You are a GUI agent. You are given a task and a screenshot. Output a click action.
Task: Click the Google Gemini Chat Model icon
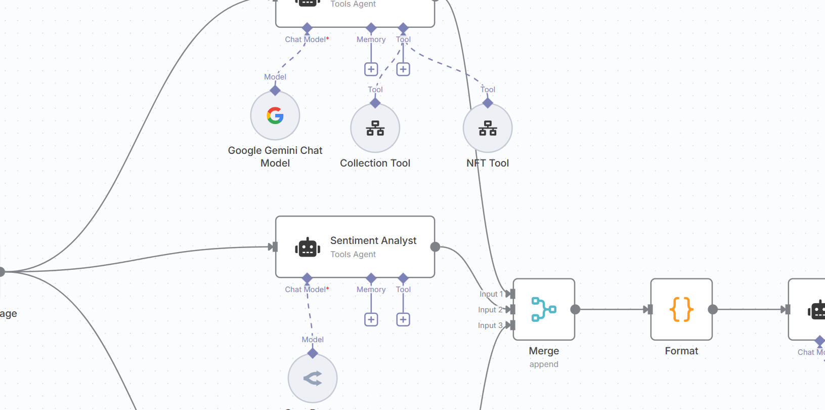tap(275, 116)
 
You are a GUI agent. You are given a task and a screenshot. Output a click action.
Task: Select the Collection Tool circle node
tap(375, 128)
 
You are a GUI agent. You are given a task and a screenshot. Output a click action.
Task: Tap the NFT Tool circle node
tap(488, 128)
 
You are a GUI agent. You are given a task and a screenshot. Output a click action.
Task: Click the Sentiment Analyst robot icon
tap(308, 248)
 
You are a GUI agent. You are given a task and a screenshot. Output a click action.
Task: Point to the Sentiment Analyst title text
tap(373, 240)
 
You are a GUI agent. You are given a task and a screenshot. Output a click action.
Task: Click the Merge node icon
tap(544, 309)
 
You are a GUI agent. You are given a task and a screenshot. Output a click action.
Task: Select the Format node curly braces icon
tap(681, 309)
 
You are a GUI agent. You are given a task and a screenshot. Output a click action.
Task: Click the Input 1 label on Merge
tap(491, 294)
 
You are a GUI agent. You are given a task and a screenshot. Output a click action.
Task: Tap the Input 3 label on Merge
tap(490, 325)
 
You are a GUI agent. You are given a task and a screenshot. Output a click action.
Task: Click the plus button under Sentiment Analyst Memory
tap(371, 319)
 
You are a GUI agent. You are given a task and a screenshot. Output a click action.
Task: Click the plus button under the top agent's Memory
tap(371, 69)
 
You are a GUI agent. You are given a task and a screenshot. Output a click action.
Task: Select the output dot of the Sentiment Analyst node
tap(435, 247)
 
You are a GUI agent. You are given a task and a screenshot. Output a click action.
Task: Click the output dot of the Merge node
tap(575, 309)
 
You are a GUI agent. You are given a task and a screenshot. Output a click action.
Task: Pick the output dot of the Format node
tap(713, 309)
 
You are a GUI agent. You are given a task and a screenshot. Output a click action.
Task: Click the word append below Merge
tap(544, 364)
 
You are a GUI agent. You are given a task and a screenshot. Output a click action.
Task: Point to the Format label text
tap(681, 351)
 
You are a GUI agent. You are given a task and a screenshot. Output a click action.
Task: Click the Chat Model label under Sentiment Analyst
tap(307, 290)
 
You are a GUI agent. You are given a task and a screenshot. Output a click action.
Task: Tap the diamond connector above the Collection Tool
tap(375, 103)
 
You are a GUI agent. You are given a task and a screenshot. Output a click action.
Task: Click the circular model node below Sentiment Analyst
tap(313, 379)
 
